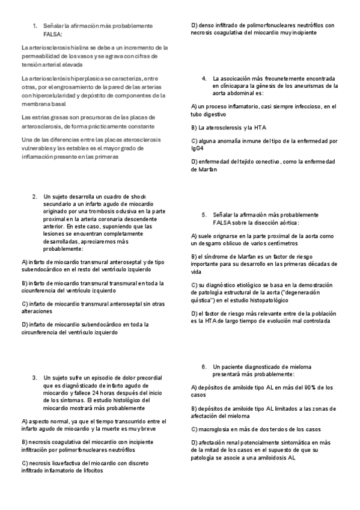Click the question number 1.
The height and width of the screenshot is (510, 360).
pos(34,26)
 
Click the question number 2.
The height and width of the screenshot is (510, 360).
pos(34,197)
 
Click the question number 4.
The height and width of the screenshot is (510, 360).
pos(204,79)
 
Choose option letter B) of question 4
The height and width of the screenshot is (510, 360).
pos(194,128)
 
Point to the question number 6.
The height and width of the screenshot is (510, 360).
pos(204,366)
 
